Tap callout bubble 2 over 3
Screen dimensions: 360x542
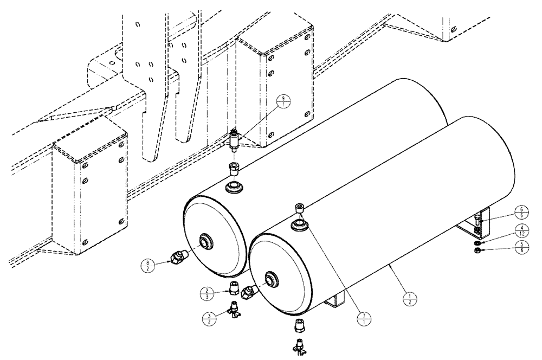coord(207,292)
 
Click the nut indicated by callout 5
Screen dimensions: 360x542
coord(476,252)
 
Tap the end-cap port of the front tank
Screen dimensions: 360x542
coord(270,280)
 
